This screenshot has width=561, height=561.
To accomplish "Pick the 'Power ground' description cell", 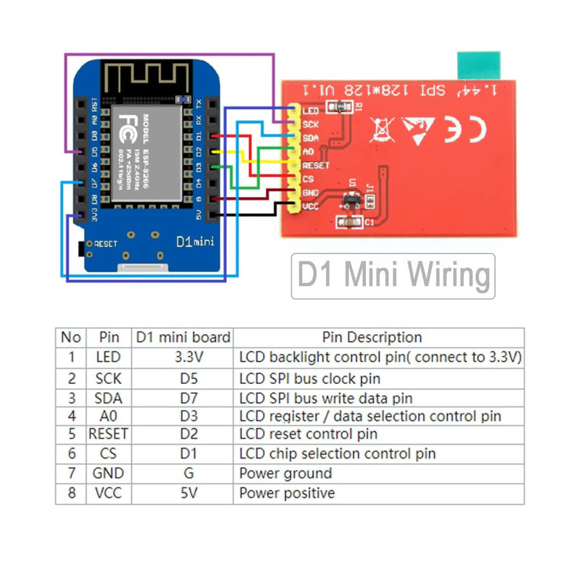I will point(285,473).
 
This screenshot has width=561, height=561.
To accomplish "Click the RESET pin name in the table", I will point(109,434).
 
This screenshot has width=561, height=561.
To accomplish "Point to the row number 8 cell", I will point(71,493).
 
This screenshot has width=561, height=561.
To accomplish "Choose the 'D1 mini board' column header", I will point(183,337).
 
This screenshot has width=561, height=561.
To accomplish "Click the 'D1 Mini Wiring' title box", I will point(393,276).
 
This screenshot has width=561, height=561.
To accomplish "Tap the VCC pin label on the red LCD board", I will point(310,206).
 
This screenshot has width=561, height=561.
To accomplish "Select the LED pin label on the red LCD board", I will point(310,111).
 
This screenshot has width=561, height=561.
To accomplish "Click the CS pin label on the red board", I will point(308,180).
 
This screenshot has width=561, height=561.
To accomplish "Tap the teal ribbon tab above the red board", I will point(479,65).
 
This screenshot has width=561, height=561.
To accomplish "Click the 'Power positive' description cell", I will point(287,493).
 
